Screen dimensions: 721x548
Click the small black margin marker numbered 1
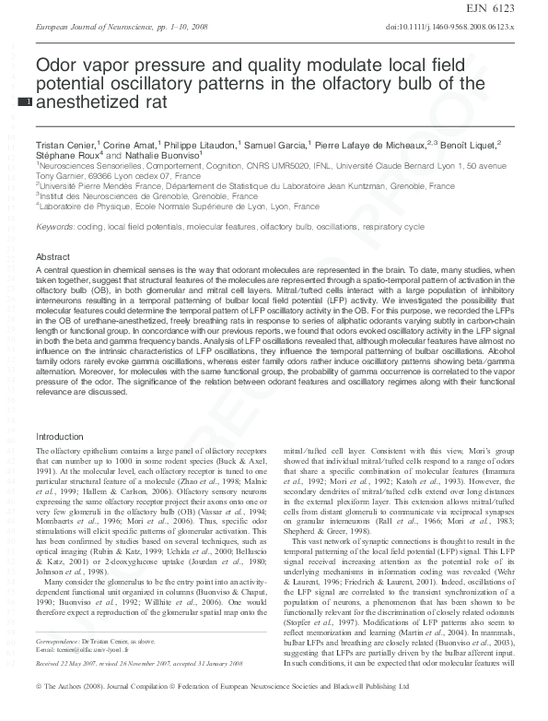pos(26,101)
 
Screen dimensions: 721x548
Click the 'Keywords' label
pos(54,227)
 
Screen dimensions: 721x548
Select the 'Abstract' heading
pos(52,255)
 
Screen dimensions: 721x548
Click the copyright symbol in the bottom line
pos(39,713)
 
